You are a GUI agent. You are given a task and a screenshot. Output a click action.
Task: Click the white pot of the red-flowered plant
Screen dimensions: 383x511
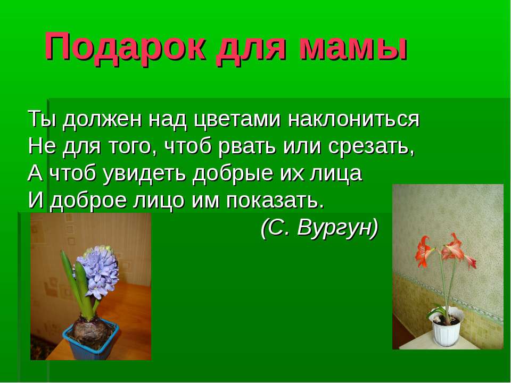click(446, 330)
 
